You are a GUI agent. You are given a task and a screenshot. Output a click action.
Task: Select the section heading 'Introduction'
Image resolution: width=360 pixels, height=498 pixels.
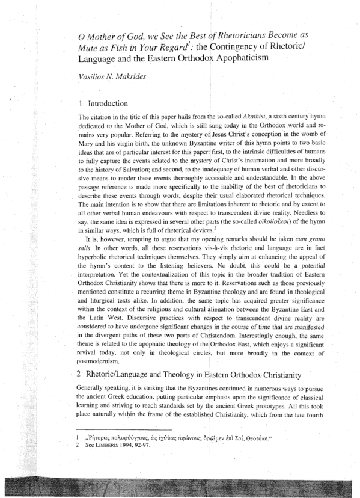coord(106,104)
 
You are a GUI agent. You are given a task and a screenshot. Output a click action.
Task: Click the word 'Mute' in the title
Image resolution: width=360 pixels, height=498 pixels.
coord(91,48)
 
